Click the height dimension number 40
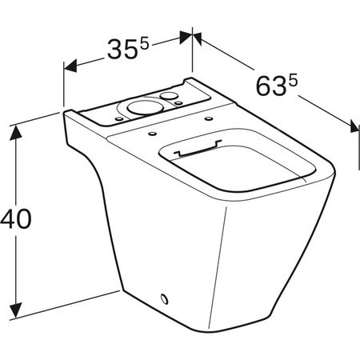17,218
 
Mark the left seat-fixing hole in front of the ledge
150,129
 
